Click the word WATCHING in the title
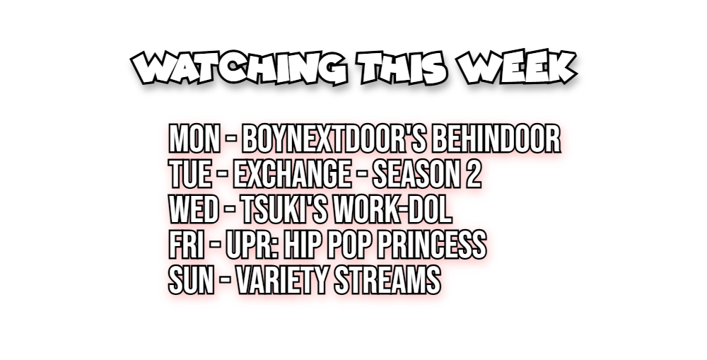tap(239, 68)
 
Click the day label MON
tap(194, 139)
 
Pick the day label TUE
tap(189, 174)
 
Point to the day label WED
tap(194, 209)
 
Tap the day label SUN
tap(191, 279)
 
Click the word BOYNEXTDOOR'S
tap(334, 139)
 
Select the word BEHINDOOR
tap(496, 139)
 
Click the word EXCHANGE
tap(292, 174)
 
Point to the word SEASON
tap(415, 174)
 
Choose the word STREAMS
tap(387, 279)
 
